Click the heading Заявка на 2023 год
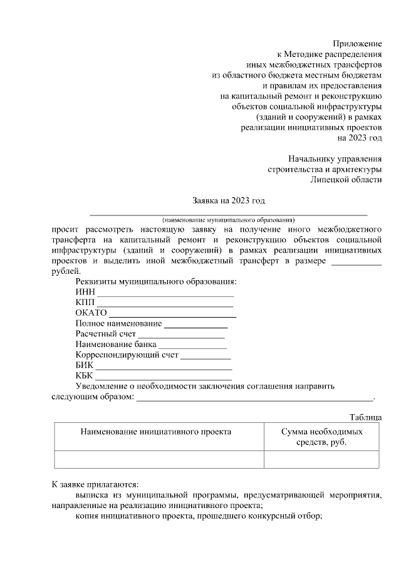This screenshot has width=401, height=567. [x=229, y=200]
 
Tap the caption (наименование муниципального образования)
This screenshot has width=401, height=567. [x=228, y=220]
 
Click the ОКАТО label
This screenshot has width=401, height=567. [x=91, y=313]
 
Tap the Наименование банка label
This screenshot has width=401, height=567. [x=115, y=345]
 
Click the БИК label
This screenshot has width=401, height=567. [x=84, y=365]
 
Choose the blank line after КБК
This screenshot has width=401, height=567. [x=163, y=378]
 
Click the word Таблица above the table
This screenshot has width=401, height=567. [x=365, y=417]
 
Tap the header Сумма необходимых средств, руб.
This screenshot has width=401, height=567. [x=321, y=437]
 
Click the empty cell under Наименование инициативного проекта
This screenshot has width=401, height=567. [x=159, y=459]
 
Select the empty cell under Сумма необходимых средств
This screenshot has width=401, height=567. [x=321, y=459]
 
